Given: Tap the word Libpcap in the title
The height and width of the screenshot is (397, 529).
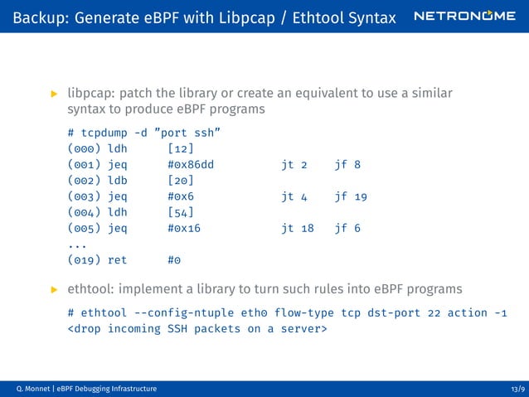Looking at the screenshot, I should [x=216, y=17].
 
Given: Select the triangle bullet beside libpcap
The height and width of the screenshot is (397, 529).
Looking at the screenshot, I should [x=55, y=93].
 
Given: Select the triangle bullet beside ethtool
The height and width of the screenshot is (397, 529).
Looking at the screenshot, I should [x=55, y=289].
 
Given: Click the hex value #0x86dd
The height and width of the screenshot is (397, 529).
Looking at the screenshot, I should [x=191, y=165].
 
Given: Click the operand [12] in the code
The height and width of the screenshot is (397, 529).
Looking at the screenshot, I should [x=180, y=149].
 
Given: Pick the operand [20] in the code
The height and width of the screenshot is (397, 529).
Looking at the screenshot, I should [x=180, y=181].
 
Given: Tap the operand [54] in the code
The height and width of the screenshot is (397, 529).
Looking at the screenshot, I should [x=180, y=212].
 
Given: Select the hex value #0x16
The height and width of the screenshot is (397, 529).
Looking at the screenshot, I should [x=184, y=228].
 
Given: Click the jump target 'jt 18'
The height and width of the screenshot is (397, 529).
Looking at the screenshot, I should [x=298, y=228].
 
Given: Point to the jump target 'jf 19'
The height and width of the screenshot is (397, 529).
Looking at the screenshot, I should [x=351, y=196].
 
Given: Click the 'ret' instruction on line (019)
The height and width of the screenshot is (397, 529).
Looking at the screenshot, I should [x=118, y=259].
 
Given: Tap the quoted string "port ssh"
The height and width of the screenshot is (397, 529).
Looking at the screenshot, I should [x=187, y=133].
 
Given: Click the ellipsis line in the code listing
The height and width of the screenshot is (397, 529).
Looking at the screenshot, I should [x=77, y=244].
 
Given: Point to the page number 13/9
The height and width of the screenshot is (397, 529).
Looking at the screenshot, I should [x=517, y=389].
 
